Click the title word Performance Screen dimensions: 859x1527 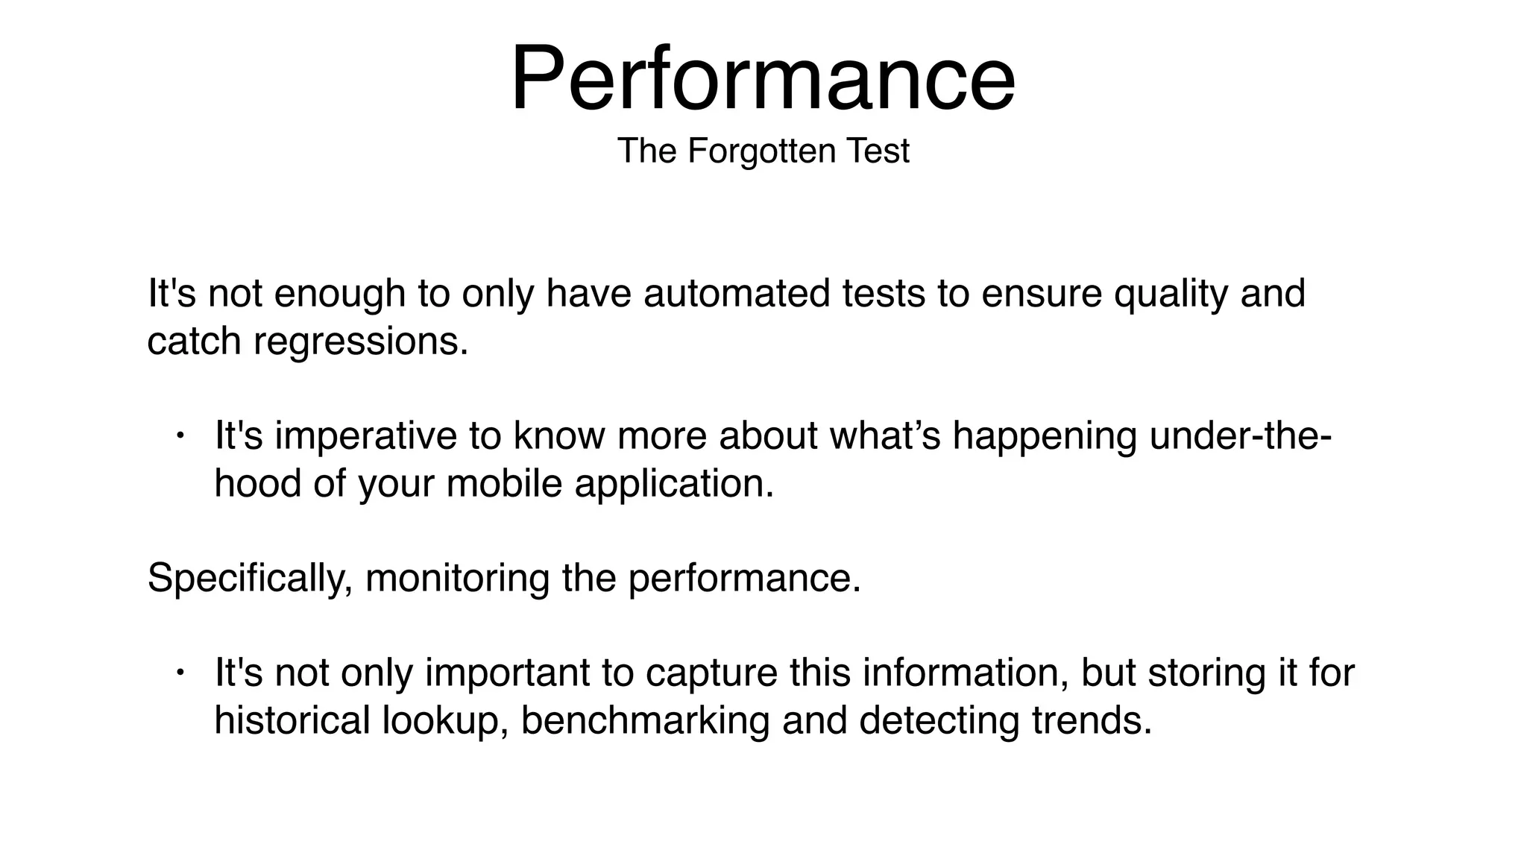click(x=762, y=79)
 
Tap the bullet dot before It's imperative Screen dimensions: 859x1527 click(x=180, y=435)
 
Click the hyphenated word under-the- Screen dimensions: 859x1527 click(x=1240, y=435)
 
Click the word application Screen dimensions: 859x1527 click(x=674, y=485)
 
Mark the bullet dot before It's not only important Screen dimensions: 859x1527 click(x=180, y=673)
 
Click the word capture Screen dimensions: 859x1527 click(x=711, y=673)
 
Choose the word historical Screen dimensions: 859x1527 click(x=292, y=720)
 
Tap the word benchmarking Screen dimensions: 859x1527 click(x=645, y=721)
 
